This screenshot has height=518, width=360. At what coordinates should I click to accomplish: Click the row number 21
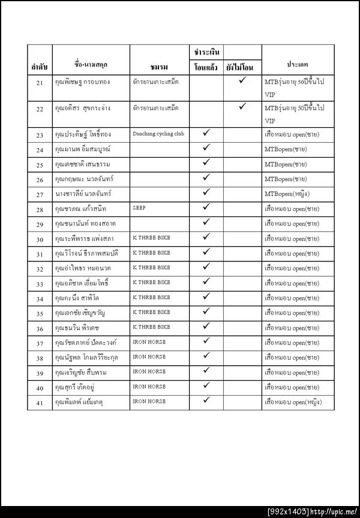click(40, 82)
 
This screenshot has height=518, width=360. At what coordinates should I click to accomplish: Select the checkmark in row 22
click(244, 107)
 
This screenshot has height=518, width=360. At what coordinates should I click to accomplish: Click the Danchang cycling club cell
click(158, 134)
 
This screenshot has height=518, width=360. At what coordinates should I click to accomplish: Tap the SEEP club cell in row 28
click(139, 207)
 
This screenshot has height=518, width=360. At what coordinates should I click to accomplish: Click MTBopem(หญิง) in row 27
click(291, 194)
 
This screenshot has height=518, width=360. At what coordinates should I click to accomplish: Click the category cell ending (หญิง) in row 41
click(292, 402)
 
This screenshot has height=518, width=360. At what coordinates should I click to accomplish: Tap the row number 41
click(40, 403)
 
